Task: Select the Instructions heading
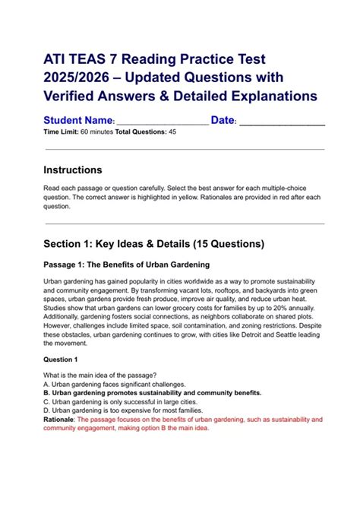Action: (x=73, y=169)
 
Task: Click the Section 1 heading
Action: (x=154, y=244)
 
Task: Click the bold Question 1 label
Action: (x=61, y=359)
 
